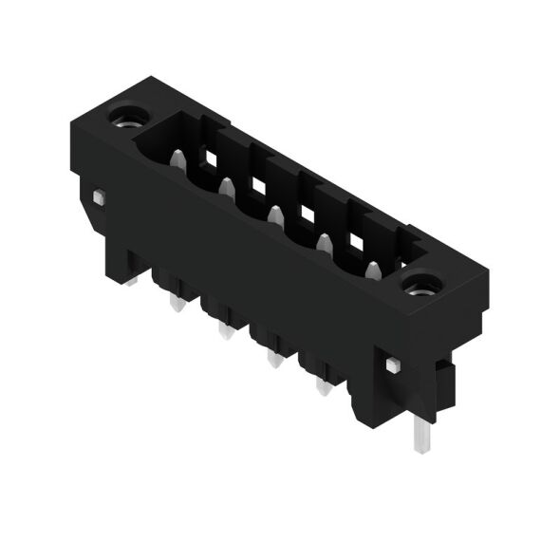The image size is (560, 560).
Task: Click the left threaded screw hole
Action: point(123,119)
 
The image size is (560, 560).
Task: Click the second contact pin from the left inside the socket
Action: point(226,189)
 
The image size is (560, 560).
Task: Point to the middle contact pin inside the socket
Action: point(275,216)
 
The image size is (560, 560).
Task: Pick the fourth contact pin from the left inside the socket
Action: point(324,243)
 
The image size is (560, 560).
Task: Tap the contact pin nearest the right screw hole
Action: point(372,270)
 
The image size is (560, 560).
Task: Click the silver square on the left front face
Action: point(99,196)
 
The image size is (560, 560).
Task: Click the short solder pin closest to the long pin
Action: point(323,385)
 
